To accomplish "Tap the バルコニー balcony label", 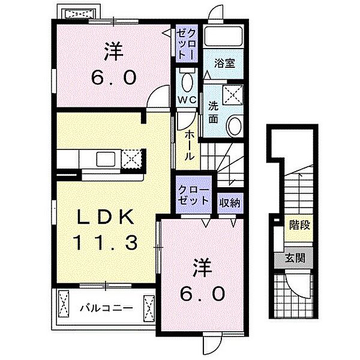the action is point(106,308).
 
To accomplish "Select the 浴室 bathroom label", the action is point(224,64).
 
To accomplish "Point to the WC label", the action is point(187,100).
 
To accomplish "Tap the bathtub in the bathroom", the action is point(223,36).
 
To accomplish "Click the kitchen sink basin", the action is point(106,159).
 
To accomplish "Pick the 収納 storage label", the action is point(230,203).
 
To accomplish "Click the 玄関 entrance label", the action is point(295,258).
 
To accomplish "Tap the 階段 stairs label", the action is point(299,225).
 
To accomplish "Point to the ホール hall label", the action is point(189,145).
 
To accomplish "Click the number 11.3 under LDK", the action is point(106,242).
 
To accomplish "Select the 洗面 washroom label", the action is point(213,112).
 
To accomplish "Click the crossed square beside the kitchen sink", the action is point(131,159).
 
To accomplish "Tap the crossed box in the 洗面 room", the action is point(233,95).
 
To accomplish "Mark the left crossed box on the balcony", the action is point(64,304).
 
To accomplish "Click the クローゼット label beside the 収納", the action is point(193,194).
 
